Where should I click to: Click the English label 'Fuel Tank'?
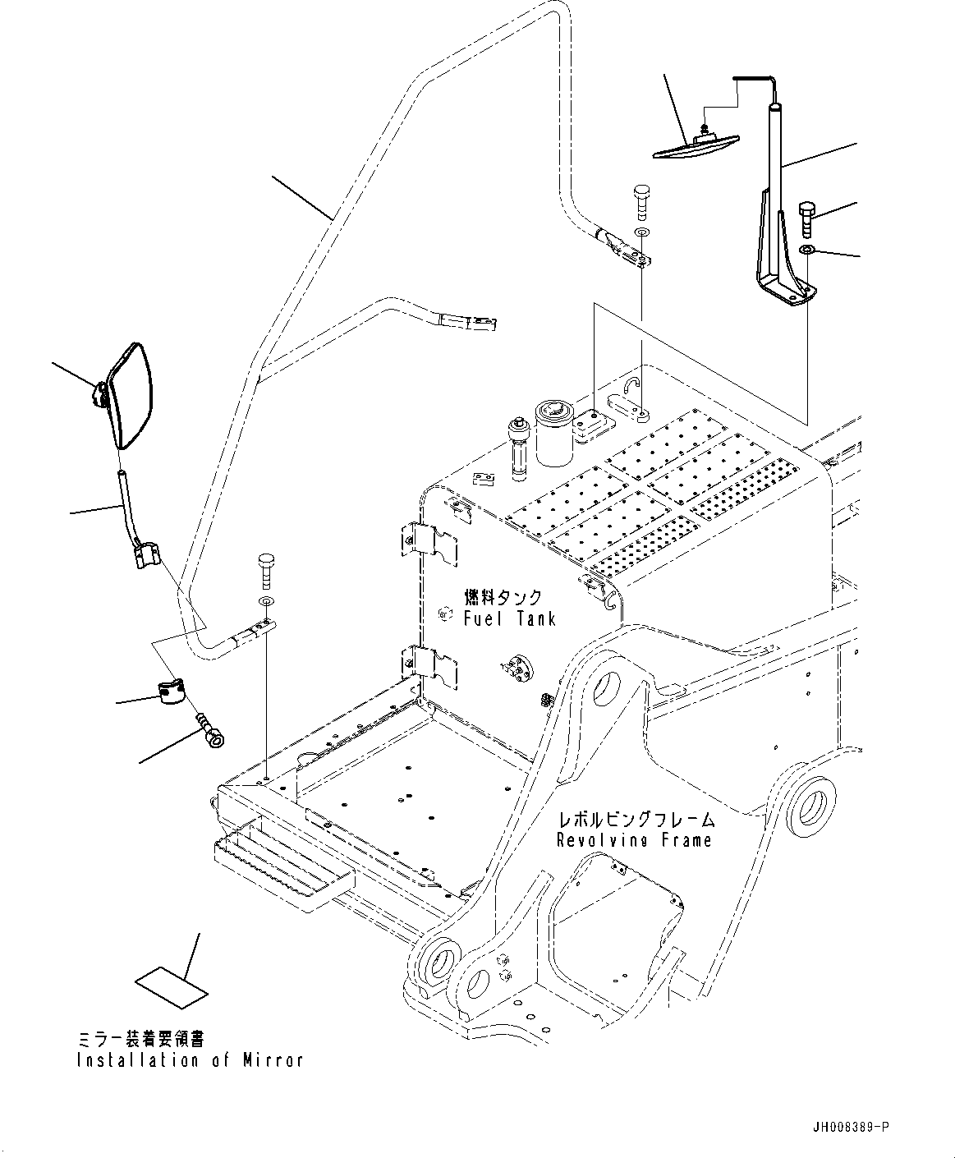[509, 618]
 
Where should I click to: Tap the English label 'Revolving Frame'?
[634, 840]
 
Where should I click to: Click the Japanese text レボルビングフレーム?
[636, 820]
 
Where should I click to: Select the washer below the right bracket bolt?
[807, 250]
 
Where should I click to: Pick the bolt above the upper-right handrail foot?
[641, 200]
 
